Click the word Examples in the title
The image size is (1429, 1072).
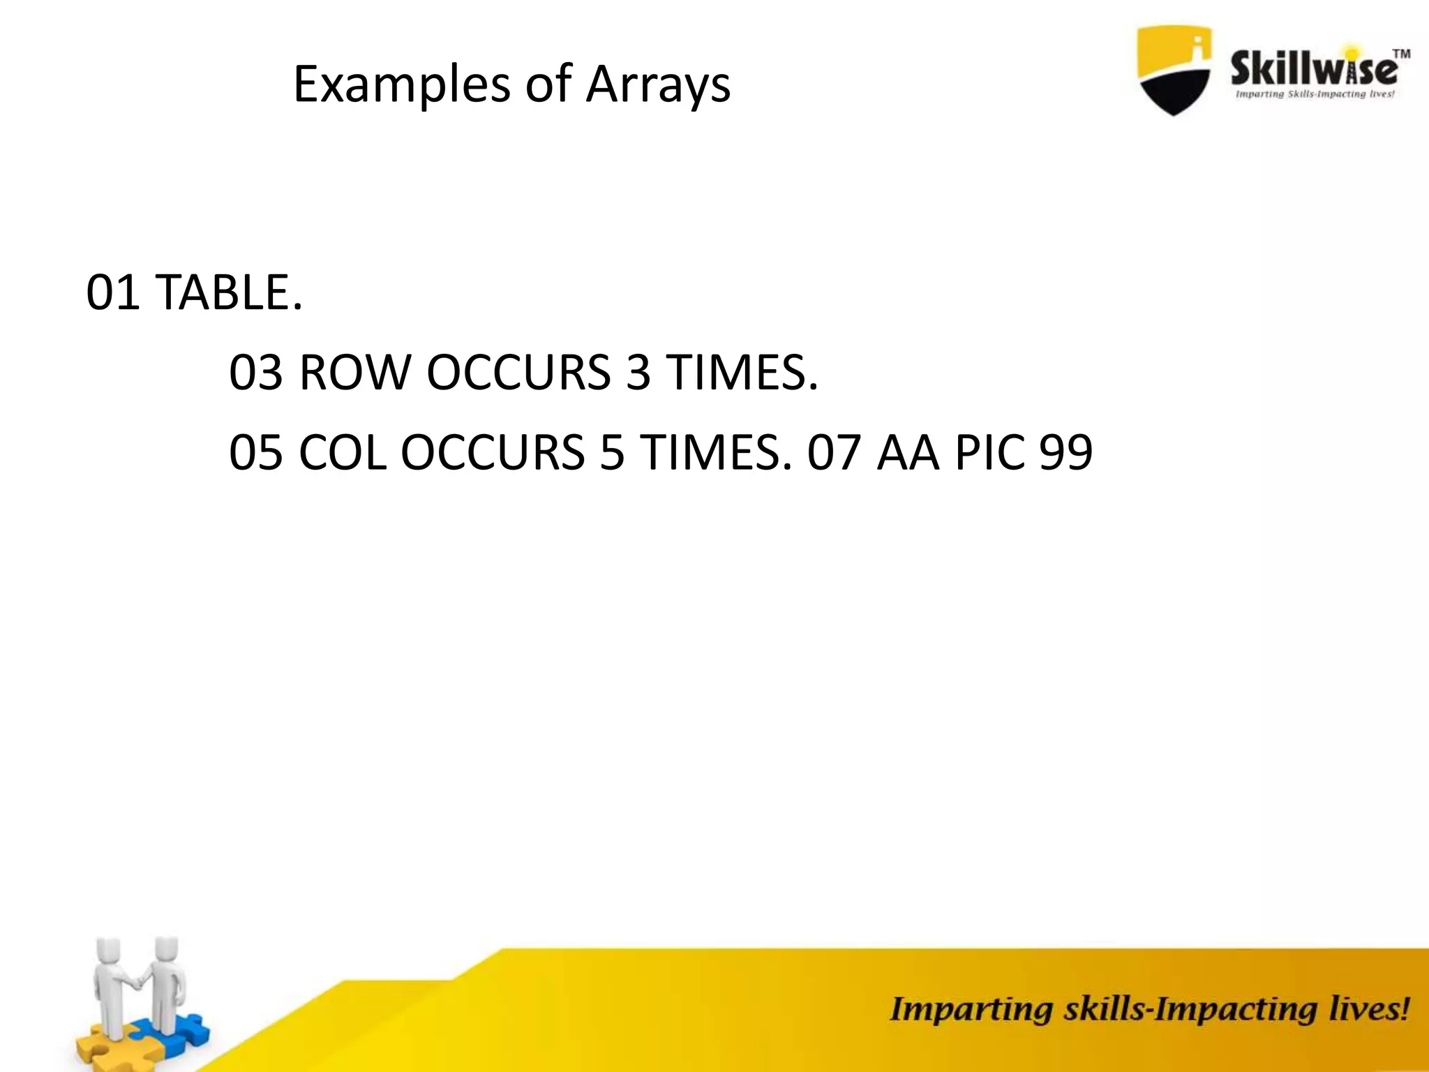402,85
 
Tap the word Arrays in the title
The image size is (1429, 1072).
658,85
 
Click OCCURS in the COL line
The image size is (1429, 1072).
493,452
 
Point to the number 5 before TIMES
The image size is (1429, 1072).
612,452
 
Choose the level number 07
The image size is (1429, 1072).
834,452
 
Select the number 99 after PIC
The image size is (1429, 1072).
1065,452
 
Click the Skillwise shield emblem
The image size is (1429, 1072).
1174,70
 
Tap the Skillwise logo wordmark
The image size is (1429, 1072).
1314,70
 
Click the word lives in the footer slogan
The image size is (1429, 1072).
1368,1010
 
